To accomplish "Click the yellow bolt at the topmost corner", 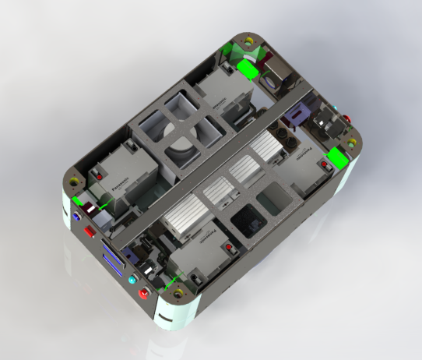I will [x=248, y=41].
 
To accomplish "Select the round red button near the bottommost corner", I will [x=143, y=294].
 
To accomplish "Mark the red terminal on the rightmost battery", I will [x=324, y=166].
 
